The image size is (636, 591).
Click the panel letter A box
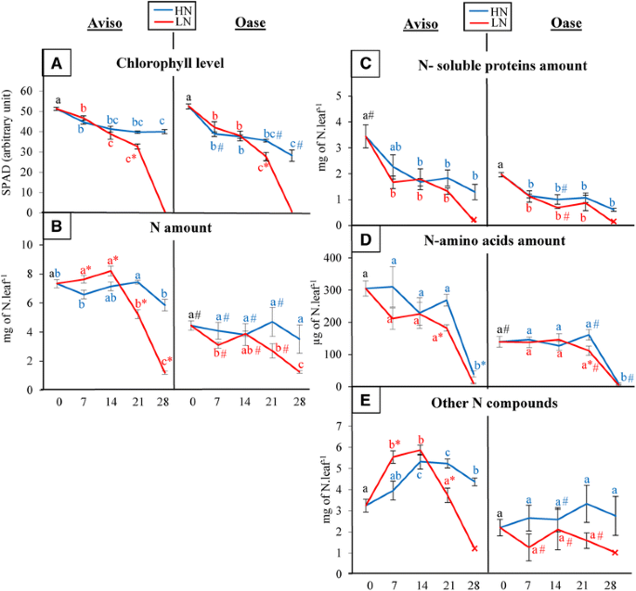click(x=57, y=64)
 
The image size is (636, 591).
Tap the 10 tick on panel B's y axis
click(x=27, y=244)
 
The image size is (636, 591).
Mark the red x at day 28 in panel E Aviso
click(x=474, y=548)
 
